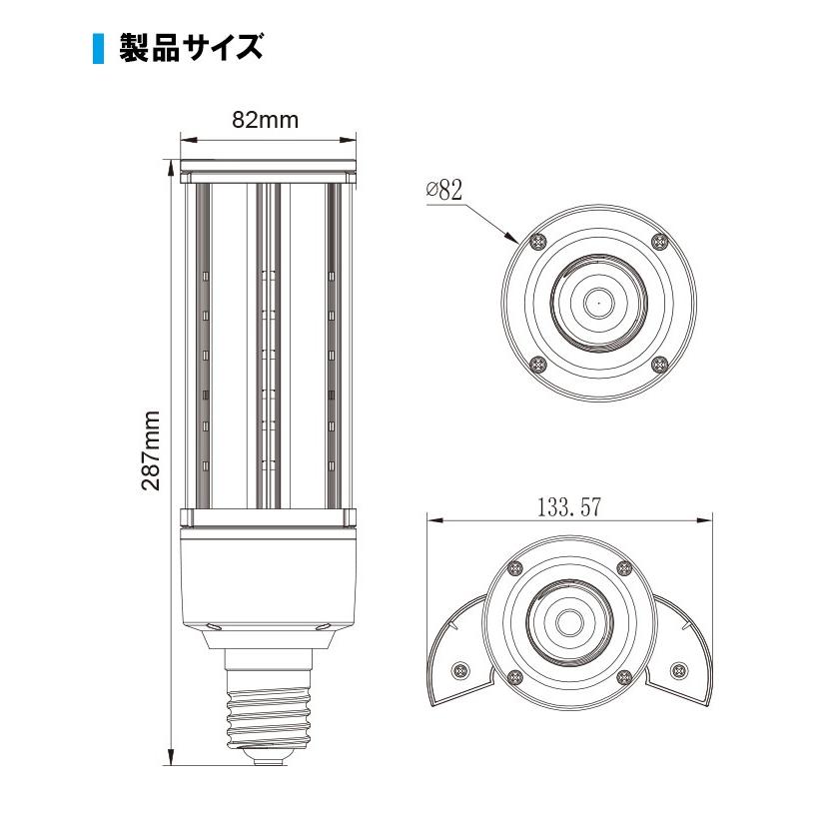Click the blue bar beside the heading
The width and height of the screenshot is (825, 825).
pyautogui.click(x=98, y=48)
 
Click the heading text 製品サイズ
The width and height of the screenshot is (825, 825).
pyautogui.click(x=190, y=48)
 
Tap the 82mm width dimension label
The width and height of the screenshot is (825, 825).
pyautogui.click(x=265, y=120)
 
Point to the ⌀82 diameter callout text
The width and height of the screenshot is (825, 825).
pyautogui.click(x=443, y=191)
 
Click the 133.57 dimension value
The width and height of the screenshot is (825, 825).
pyautogui.click(x=568, y=506)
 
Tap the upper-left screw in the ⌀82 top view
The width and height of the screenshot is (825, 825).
pyautogui.click(x=539, y=241)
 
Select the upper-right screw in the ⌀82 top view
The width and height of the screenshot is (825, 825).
pyautogui.click(x=658, y=241)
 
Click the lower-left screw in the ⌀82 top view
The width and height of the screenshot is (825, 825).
pyautogui.click(x=539, y=364)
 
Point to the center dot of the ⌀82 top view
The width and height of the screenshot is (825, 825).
pyautogui.click(x=598, y=299)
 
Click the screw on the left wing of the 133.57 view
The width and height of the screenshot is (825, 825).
pyautogui.click(x=460, y=669)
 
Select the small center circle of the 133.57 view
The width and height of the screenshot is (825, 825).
pyautogui.click(x=569, y=621)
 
